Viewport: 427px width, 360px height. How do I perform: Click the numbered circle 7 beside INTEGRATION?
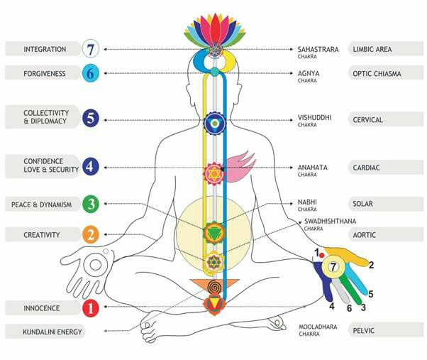(89, 50)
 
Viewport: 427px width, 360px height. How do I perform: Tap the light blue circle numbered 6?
(89, 73)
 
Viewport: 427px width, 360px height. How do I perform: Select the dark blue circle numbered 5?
(89, 119)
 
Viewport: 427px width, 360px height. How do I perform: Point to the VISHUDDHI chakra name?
(314, 118)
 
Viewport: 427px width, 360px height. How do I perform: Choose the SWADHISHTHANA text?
(328, 222)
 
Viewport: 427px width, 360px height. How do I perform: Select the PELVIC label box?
(383, 332)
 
